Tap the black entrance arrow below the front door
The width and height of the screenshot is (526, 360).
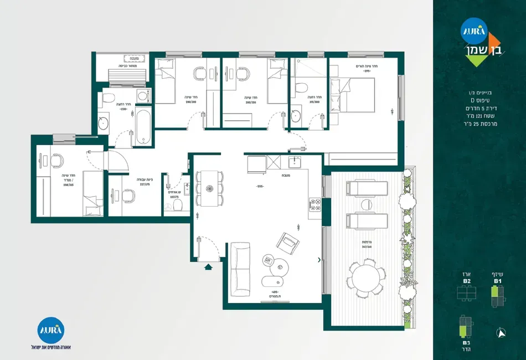tap(208, 268)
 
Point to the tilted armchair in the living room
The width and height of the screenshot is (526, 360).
tap(288, 242)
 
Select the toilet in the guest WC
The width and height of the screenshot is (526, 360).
tap(178, 205)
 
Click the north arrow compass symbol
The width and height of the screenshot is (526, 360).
tap(502, 333)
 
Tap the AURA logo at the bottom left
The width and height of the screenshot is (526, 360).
tap(51, 331)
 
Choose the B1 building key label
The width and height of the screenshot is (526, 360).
tap(498, 281)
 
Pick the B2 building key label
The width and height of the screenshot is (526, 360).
tap(467, 281)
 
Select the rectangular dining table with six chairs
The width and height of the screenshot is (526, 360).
tap(210, 188)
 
